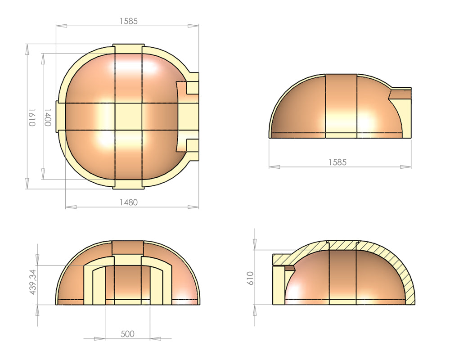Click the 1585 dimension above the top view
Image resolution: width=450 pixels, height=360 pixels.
128,21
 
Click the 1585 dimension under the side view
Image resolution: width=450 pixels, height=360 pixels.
337,162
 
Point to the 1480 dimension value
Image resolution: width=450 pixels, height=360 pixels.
128,202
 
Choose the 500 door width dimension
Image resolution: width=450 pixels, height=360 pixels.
128,334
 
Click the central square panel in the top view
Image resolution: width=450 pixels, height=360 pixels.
128,117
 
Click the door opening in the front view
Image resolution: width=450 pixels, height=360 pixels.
128,283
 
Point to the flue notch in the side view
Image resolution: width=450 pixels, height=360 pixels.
400,94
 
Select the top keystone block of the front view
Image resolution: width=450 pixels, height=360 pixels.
128,247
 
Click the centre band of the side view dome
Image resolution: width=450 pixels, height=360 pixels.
341,106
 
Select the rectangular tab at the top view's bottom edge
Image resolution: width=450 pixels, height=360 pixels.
128,184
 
